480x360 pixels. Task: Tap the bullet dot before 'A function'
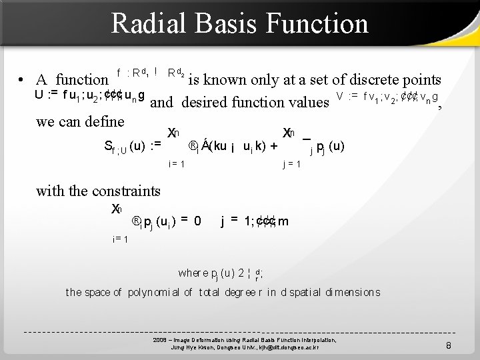[23, 81]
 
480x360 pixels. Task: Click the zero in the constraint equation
[197, 221]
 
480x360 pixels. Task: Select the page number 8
[449, 345]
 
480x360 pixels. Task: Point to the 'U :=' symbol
[45, 94]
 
